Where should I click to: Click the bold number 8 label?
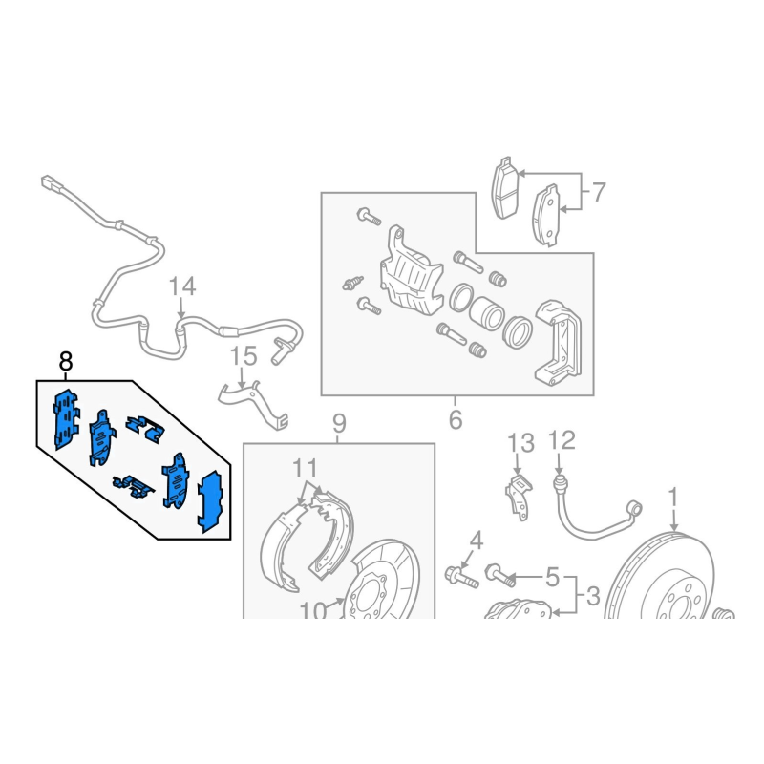(65, 362)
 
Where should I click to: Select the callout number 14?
(182, 286)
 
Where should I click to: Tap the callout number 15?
(244, 356)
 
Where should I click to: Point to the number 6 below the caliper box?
(456, 419)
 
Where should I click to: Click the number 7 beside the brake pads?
(598, 192)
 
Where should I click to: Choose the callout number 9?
(339, 423)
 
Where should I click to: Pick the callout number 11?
(305, 468)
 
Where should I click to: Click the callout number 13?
(520, 443)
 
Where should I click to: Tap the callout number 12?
(562, 440)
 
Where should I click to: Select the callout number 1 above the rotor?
(673, 498)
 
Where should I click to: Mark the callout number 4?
(476, 541)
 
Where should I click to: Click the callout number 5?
(552, 578)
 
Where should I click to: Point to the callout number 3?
(592, 596)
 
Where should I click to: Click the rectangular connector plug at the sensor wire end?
(51, 184)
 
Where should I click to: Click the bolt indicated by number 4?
(461, 577)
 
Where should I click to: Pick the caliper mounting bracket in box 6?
(559, 343)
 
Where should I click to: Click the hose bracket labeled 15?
(253, 404)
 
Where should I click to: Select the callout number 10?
(313, 610)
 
